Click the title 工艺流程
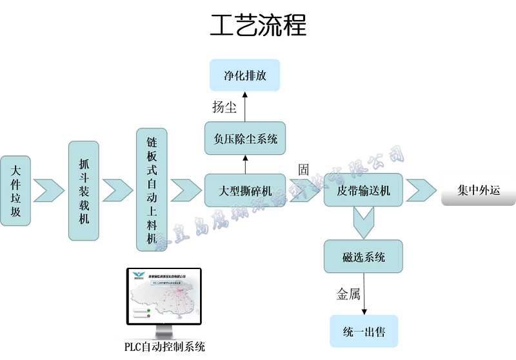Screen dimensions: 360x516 (x=258, y=26)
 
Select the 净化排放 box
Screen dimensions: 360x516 (x=244, y=75)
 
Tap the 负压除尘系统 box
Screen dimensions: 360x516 (x=244, y=138)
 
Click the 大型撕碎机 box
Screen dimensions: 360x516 (x=244, y=190)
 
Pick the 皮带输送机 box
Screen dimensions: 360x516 (x=363, y=190)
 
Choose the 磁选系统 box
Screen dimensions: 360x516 (x=363, y=257)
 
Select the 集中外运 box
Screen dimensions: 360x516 (x=478, y=190)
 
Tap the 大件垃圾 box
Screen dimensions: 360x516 (x=15, y=191)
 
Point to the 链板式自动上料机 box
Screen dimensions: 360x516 (x=152, y=190)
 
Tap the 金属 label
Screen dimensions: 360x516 (x=348, y=294)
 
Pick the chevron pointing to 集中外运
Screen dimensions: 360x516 (x=421, y=190)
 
